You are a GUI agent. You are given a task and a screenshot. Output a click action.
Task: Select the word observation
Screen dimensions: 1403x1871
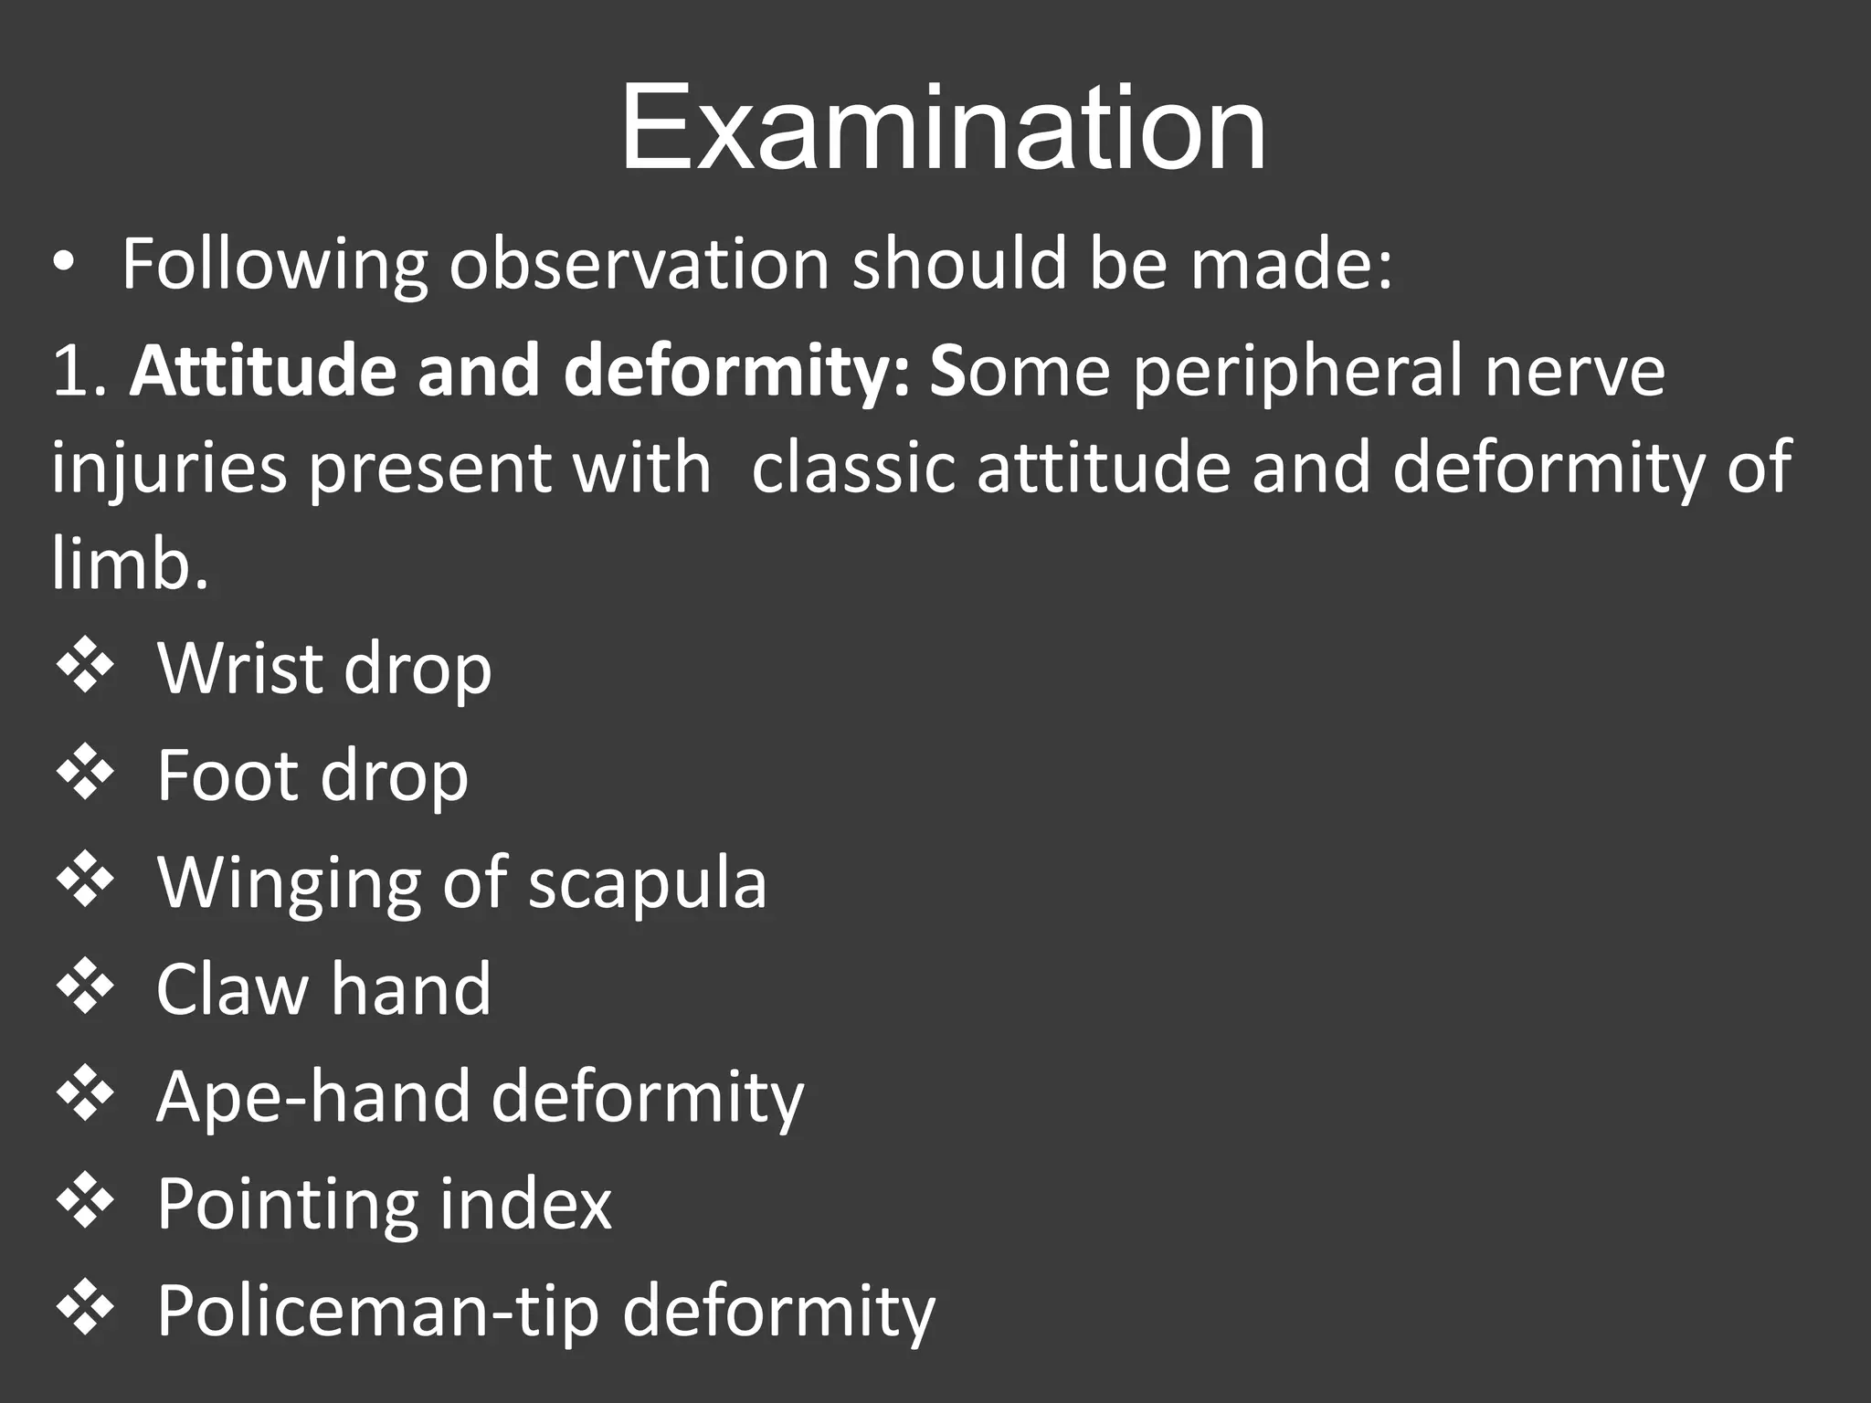tap(639, 265)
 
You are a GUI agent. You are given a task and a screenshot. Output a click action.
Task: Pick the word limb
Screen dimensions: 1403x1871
tap(128, 564)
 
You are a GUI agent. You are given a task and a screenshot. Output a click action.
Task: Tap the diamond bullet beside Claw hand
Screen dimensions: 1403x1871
tap(85, 989)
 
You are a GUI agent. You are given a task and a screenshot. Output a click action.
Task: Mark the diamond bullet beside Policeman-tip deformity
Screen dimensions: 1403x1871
tap(85, 1311)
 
